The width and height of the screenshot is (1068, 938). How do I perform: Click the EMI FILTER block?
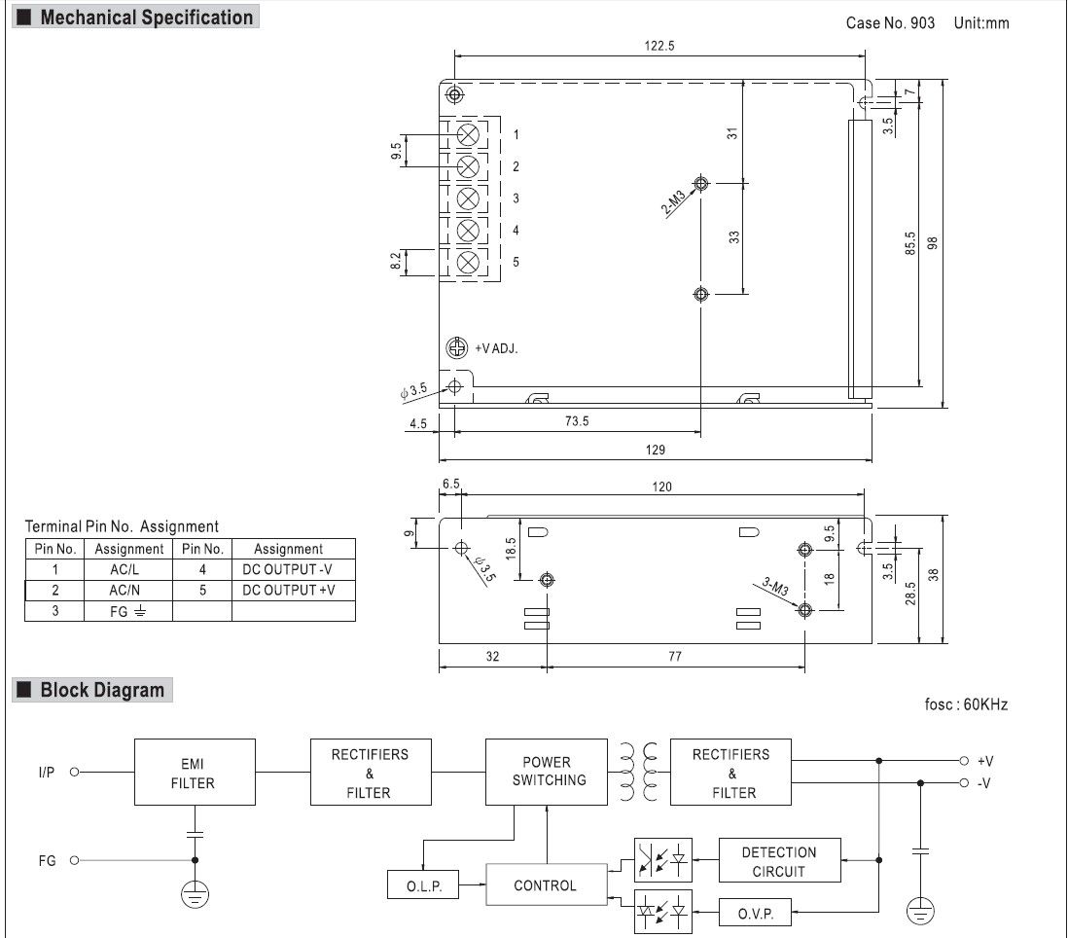[x=195, y=773]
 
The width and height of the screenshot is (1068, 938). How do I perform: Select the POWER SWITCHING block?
[x=547, y=772]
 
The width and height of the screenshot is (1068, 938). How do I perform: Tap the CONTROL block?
[x=547, y=884]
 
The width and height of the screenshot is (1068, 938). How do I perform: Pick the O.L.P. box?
[x=423, y=884]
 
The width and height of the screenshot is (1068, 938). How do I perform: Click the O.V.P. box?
[x=756, y=913]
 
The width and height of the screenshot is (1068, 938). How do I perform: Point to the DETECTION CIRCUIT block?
[x=780, y=861]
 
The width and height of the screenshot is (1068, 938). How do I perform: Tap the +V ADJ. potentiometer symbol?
[x=457, y=347]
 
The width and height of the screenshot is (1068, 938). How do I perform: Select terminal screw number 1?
[x=468, y=135]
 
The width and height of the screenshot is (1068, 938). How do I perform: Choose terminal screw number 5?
[x=468, y=263]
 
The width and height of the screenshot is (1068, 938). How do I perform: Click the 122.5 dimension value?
[x=659, y=46]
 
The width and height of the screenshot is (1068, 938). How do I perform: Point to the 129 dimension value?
[x=656, y=450]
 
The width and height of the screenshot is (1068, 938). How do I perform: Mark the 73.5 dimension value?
[x=577, y=421]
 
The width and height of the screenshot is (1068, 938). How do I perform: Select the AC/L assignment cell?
[x=128, y=569]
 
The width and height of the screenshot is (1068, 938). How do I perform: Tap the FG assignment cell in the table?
[x=128, y=611]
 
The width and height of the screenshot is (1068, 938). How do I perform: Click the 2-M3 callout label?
[x=674, y=203]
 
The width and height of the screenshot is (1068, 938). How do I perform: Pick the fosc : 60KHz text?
[x=966, y=704]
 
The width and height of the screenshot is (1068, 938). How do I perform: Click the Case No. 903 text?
[x=890, y=23]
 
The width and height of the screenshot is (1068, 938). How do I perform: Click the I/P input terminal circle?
[x=74, y=772]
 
